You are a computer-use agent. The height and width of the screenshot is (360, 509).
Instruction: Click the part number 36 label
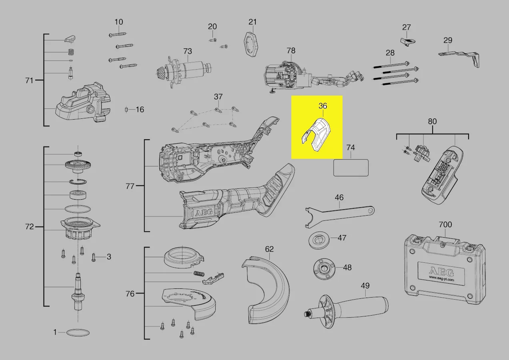tap(323, 106)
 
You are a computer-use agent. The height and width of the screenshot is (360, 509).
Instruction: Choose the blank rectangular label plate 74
tap(351, 168)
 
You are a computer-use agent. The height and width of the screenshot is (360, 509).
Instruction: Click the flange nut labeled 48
tap(324, 269)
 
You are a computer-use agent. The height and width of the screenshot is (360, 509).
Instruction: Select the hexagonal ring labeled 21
tap(252, 45)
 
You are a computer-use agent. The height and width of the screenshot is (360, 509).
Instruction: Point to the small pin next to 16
tap(126, 110)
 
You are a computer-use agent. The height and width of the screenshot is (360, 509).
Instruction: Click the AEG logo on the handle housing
tap(204, 212)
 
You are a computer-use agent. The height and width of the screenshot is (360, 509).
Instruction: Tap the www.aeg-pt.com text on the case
tap(441, 278)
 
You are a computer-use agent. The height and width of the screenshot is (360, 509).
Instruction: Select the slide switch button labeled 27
tap(408, 42)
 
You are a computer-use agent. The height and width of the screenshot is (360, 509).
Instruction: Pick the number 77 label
tap(130, 186)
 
